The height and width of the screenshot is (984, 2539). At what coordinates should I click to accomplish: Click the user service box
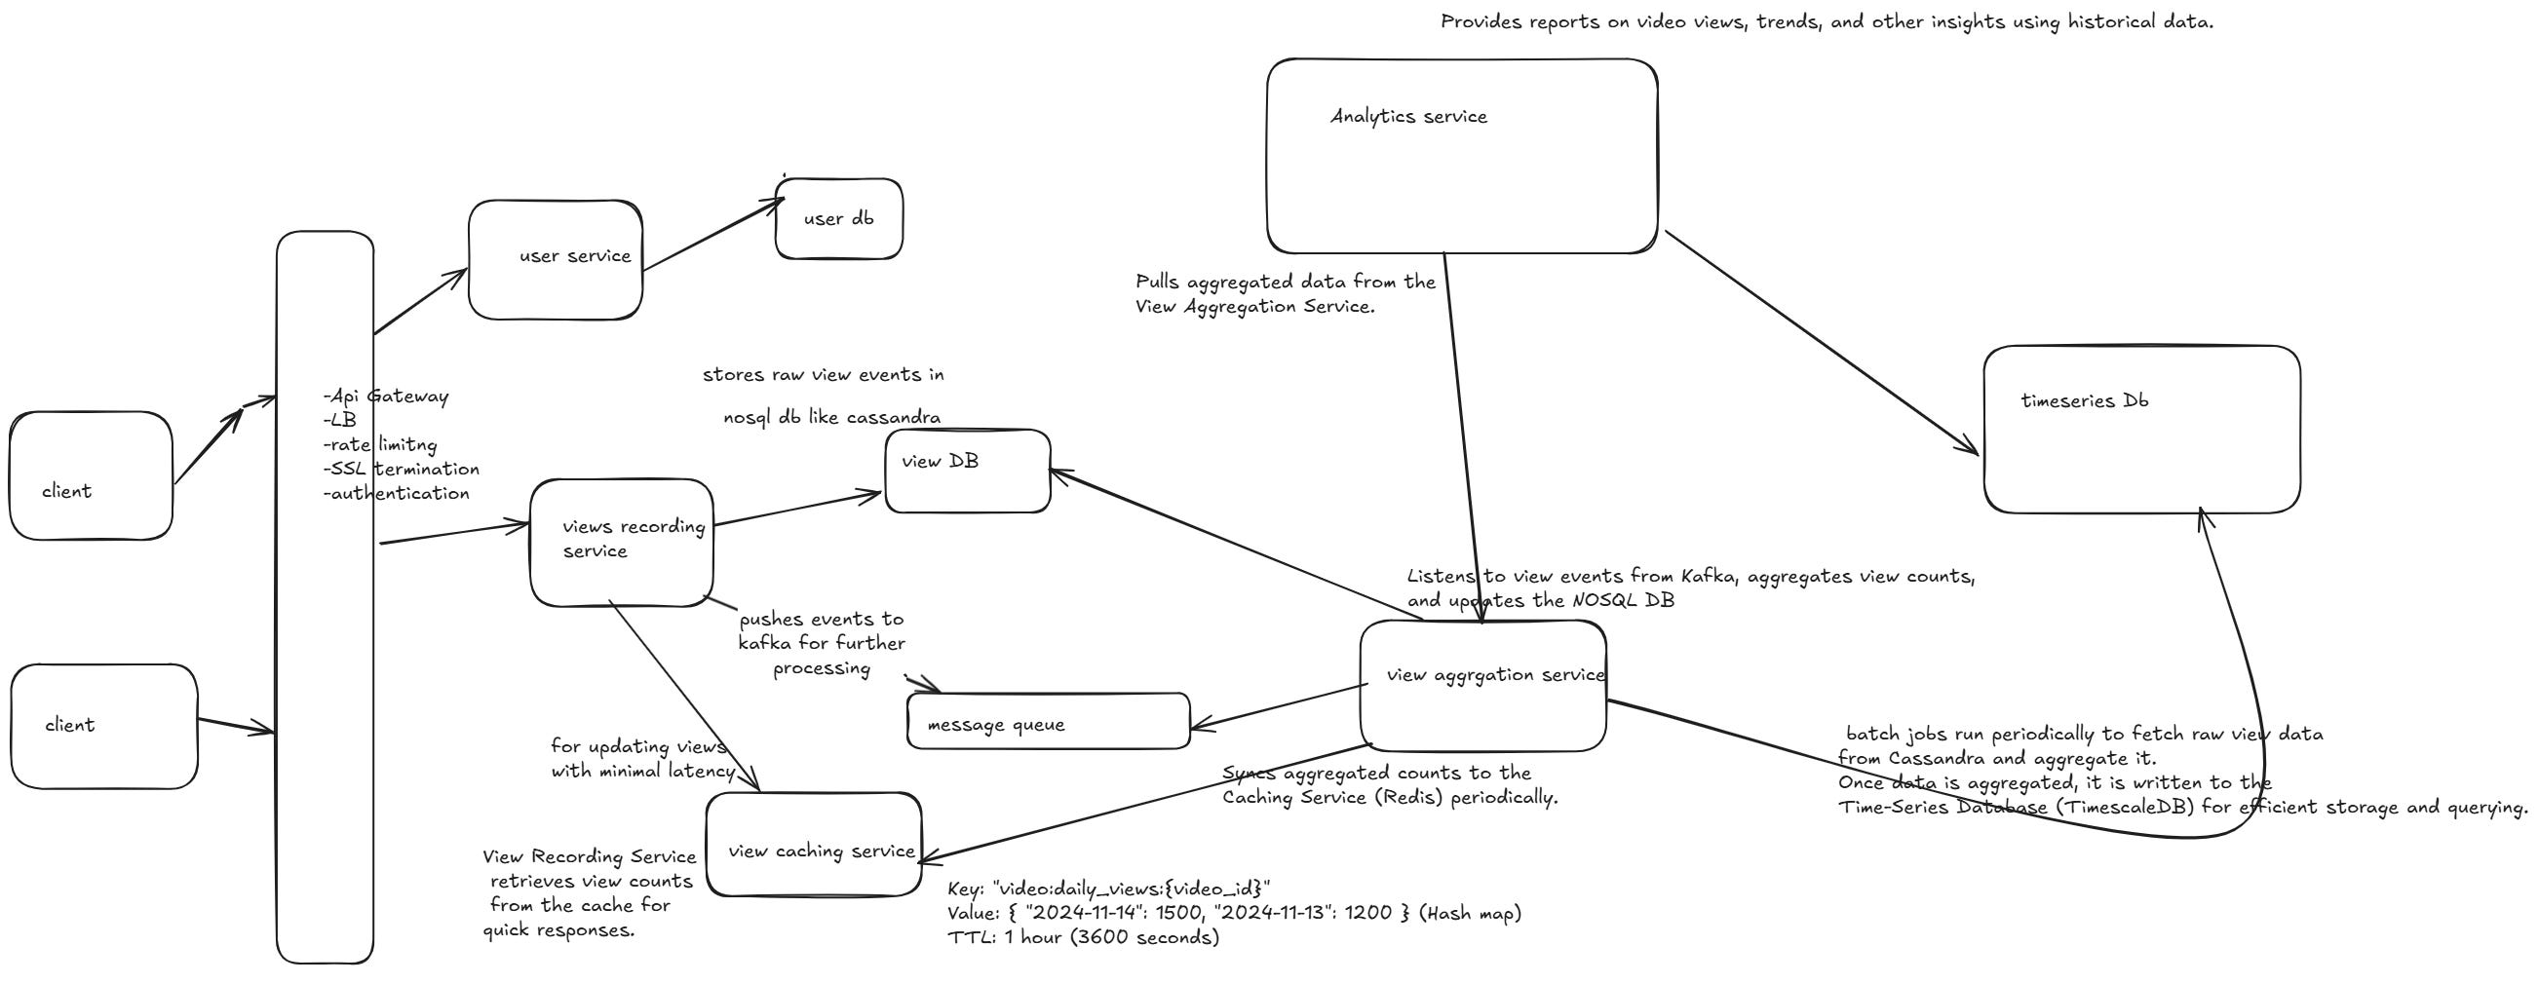(x=555, y=260)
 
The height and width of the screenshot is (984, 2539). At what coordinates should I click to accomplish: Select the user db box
(x=839, y=218)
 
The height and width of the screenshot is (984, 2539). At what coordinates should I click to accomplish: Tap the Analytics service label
(x=1408, y=116)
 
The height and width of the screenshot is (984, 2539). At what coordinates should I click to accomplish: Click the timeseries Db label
(x=2085, y=400)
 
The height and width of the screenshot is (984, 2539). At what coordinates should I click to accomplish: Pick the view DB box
(x=967, y=472)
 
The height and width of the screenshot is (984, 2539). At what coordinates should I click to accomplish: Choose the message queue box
(x=1048, y=722)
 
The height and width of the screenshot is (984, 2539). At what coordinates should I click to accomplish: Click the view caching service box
(x=814, y=845)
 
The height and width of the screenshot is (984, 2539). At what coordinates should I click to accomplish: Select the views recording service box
(x=621, y=542)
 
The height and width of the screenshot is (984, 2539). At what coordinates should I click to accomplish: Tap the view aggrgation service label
(x=1494, y=675)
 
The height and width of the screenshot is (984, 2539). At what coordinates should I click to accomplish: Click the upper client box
(x=91, y=475)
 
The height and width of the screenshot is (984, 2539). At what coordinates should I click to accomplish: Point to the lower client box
(x=103, y=726)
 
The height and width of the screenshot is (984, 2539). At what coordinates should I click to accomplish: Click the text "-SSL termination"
(x=402, y=469)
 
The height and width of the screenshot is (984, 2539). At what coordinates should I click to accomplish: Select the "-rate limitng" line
(x=380, y=444)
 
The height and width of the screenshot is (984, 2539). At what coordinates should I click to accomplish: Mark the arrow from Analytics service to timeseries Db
(x=1822, y=343)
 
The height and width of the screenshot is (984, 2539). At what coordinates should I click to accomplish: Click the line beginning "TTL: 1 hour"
(x=1083, y=936)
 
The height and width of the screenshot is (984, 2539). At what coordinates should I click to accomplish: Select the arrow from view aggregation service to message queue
(x=1280, y=707)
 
